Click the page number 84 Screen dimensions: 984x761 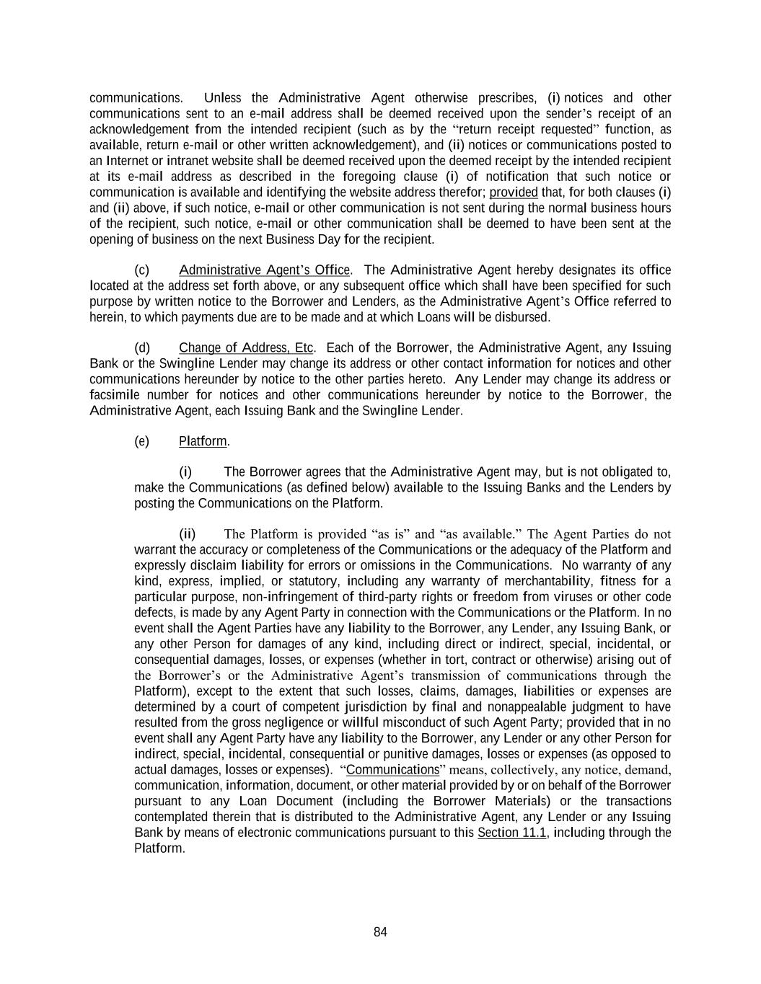[380, 932]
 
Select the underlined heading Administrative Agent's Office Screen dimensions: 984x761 [264, 270]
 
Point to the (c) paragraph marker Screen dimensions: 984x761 [142, 270]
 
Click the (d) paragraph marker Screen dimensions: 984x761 [142, 348]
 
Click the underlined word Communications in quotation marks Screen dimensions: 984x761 [392, 769]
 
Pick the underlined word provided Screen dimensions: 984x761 [514, 192]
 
